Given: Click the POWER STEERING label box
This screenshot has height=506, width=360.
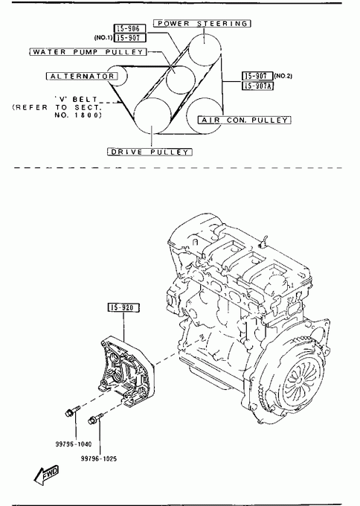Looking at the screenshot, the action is coord(202,24).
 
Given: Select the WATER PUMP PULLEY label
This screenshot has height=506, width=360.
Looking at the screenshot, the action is coord(88,52).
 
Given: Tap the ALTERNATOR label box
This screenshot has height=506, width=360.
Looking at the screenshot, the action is coord(82,77).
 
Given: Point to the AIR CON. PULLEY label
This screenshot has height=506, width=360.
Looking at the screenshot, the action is coord(244,120).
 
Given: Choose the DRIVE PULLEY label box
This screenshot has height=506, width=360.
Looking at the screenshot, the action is coord(150,152).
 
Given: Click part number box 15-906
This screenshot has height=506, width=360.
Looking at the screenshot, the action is coord(129,28).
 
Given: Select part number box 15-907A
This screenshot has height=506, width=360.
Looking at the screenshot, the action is coord(258,86).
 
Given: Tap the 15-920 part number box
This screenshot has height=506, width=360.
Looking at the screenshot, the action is coord(123,308).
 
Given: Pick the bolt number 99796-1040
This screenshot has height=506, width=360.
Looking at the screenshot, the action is coord(74,444).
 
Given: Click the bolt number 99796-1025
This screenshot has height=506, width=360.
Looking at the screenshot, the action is coord(99,458).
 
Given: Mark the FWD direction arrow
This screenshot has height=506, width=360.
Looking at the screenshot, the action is coord(46,475).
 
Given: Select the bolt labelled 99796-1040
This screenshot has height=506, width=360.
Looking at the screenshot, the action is coord(73,411).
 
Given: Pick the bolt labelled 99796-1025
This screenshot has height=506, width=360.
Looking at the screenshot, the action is coord(95,419).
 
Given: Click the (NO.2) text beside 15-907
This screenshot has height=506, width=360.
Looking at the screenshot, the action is coord(283,76).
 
